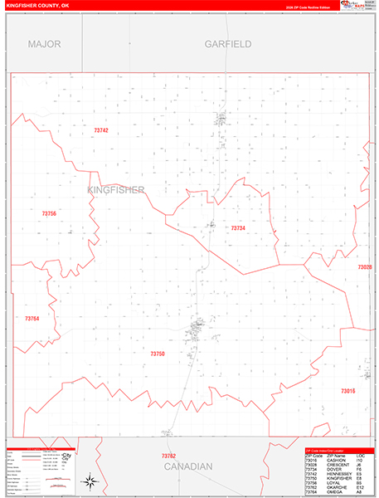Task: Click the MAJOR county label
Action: (x=44, y=43)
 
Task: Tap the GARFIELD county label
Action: (x=228, y=43)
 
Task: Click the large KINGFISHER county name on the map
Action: (x=116, y=190)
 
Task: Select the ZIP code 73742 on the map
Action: (x=101, y=130)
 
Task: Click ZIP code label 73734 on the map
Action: (x=238, y=227)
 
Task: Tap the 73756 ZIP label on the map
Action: (x=49, y=214)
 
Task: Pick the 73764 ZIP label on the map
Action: (x=32, y=319)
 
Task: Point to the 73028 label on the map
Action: (x=365, y=267)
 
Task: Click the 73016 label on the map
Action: (x=347, y=390)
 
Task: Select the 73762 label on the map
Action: (x=168, y=456)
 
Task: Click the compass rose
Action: (x=90, y=481)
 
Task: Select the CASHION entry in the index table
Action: (x=336, y=460)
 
